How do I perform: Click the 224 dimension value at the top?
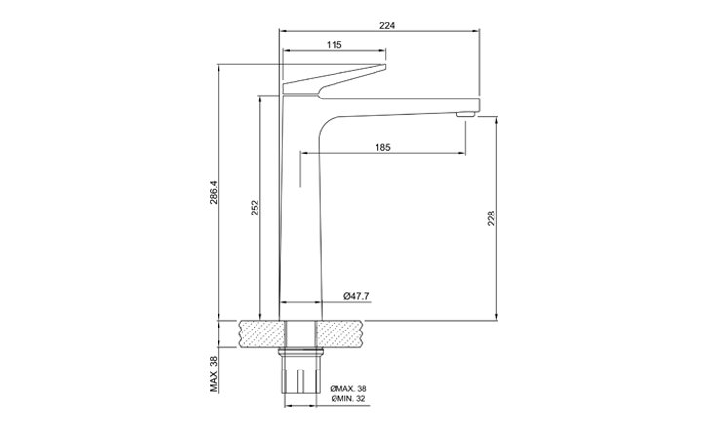pos(387,26)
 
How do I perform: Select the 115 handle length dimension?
pos(334,45)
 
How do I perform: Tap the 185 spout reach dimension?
pos(382,147)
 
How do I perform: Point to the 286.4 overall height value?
pos(214,192)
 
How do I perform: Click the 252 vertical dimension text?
pos(256,208)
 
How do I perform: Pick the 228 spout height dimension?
pos(491,218)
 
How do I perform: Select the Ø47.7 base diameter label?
pos(356,296)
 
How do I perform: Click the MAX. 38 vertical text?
pos(214,373)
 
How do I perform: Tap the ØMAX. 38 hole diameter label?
pos(348,389)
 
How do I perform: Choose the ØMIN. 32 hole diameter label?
pos(348,399)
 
